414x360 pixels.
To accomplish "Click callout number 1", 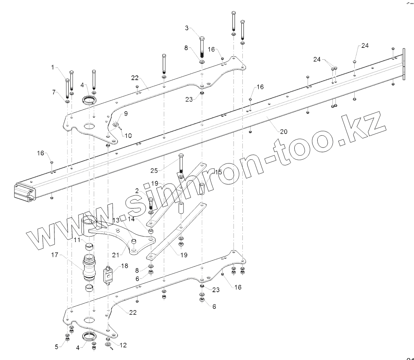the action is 53,67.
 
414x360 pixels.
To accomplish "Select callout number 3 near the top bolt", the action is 187,28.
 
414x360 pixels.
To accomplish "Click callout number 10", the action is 128,135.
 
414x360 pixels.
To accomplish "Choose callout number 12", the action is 123,345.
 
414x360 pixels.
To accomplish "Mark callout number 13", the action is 116,220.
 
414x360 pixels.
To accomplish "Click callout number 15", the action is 218,172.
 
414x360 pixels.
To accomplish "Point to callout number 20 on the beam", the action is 283,131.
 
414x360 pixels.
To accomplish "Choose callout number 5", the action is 57,347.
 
